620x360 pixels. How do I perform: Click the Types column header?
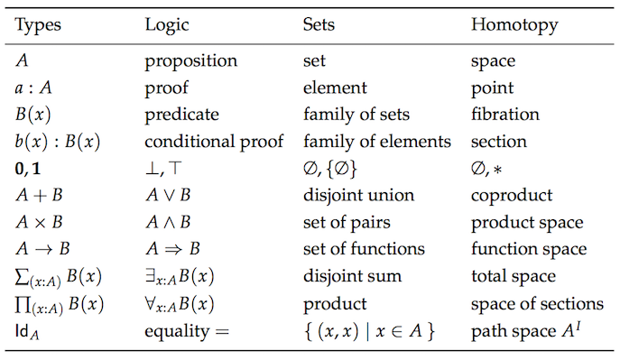pos(39,24)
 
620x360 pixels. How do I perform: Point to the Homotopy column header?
pos(508,24)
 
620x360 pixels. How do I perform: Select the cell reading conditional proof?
pos(214,142)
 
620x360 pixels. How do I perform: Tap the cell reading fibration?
pos(504,115)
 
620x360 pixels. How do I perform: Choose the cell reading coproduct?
pos(510,196)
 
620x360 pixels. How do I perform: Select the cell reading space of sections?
pos(536,302)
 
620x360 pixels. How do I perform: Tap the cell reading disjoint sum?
pos(347,276)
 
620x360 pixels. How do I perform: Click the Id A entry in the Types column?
pos(30,331)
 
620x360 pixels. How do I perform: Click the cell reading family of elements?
pos(376,142)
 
